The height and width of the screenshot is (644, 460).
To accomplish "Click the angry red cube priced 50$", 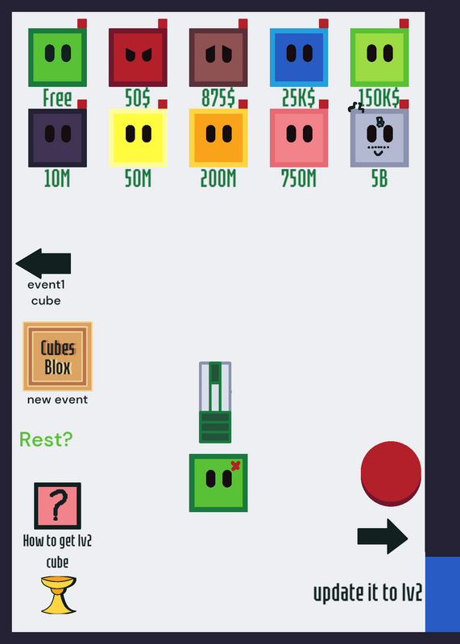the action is point(138,57).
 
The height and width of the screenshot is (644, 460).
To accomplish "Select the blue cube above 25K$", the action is point(299,57).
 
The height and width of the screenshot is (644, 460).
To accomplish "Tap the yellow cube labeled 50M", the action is point(138,138).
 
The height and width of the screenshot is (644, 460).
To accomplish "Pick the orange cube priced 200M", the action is point(218,138).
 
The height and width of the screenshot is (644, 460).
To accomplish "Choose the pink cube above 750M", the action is point(299,138).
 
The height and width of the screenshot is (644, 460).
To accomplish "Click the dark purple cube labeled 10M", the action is point(57,138).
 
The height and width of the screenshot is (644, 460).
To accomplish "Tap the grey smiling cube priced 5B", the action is point(379,138).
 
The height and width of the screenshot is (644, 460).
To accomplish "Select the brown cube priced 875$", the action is point(218,57).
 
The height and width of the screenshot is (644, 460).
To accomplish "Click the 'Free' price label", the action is point(57,98).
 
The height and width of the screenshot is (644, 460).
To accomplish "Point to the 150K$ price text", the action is point(379,98).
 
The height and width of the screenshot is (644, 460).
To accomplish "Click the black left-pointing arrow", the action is point(44,263).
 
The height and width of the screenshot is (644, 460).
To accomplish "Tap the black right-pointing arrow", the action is point(383,536).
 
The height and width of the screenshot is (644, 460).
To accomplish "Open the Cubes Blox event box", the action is point(57,357).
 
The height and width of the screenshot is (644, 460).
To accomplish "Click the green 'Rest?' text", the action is point(46,440).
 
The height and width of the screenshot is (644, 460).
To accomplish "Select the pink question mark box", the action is point(57,506).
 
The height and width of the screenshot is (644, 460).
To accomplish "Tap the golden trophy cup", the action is point(58,595).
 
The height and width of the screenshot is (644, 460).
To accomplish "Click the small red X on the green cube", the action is point(235,465).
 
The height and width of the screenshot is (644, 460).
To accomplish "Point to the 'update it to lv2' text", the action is point(368,592).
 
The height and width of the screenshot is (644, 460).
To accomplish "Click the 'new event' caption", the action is point(57,399).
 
